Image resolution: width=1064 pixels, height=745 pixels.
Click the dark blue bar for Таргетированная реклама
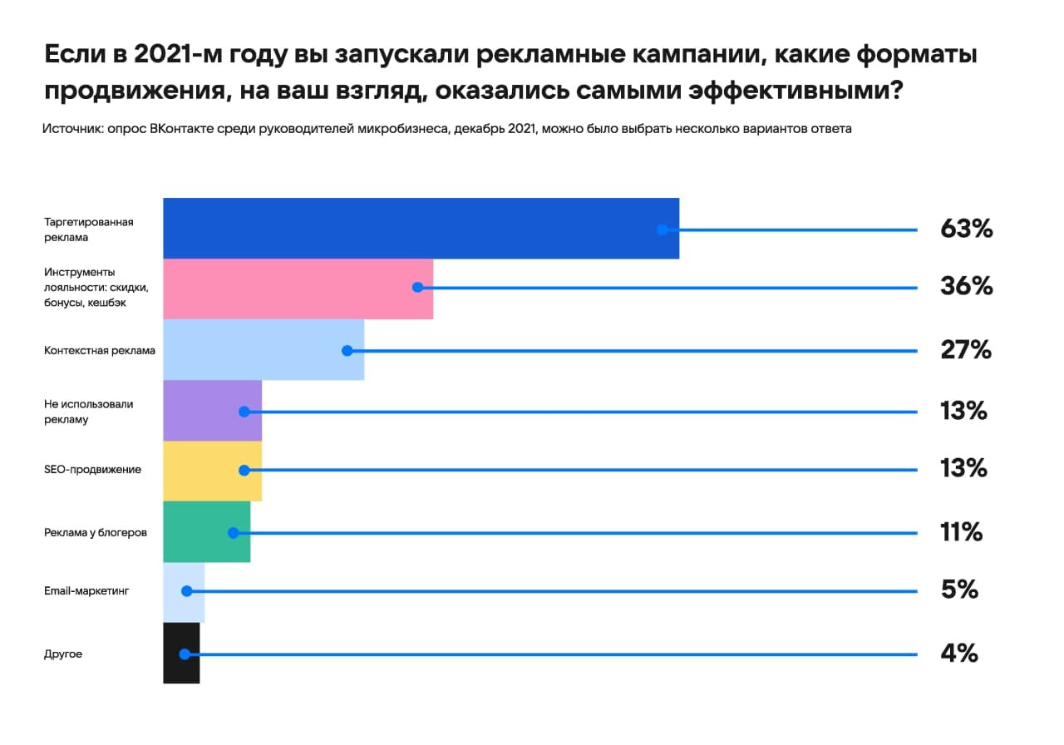[416, 228]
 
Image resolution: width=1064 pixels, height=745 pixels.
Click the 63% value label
[966, 229]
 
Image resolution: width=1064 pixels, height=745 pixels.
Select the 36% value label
[966, 287]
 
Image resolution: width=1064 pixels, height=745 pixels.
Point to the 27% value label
[965, 350]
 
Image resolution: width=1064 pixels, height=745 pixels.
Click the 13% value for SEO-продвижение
[963, 469]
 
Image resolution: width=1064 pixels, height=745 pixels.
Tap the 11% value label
[961, 531]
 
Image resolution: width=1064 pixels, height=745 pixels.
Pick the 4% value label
[958, 654]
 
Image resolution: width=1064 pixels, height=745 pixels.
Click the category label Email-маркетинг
[87, 591]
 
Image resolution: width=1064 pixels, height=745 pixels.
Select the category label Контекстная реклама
[100, 350]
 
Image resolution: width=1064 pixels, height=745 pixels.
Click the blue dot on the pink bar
[417, 287]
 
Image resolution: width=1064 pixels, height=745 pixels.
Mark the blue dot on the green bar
[234, 532]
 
